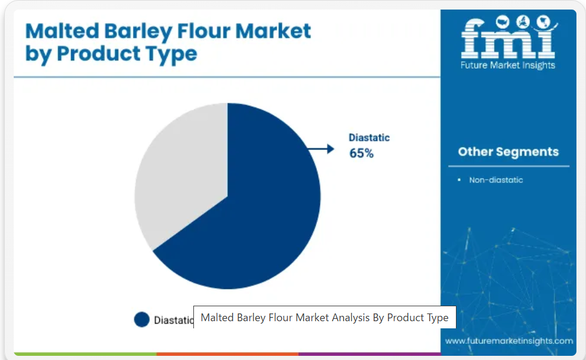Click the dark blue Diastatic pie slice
254,210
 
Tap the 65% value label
362,153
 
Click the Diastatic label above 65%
369,137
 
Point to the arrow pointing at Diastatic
320,149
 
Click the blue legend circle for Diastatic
141,319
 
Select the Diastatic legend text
174,321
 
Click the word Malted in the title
63,30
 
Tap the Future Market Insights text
508,65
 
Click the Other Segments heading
508,152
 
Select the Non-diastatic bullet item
496,180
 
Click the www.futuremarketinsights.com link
509,340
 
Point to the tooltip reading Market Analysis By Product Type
325,318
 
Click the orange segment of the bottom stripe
227,353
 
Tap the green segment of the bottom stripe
85,353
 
